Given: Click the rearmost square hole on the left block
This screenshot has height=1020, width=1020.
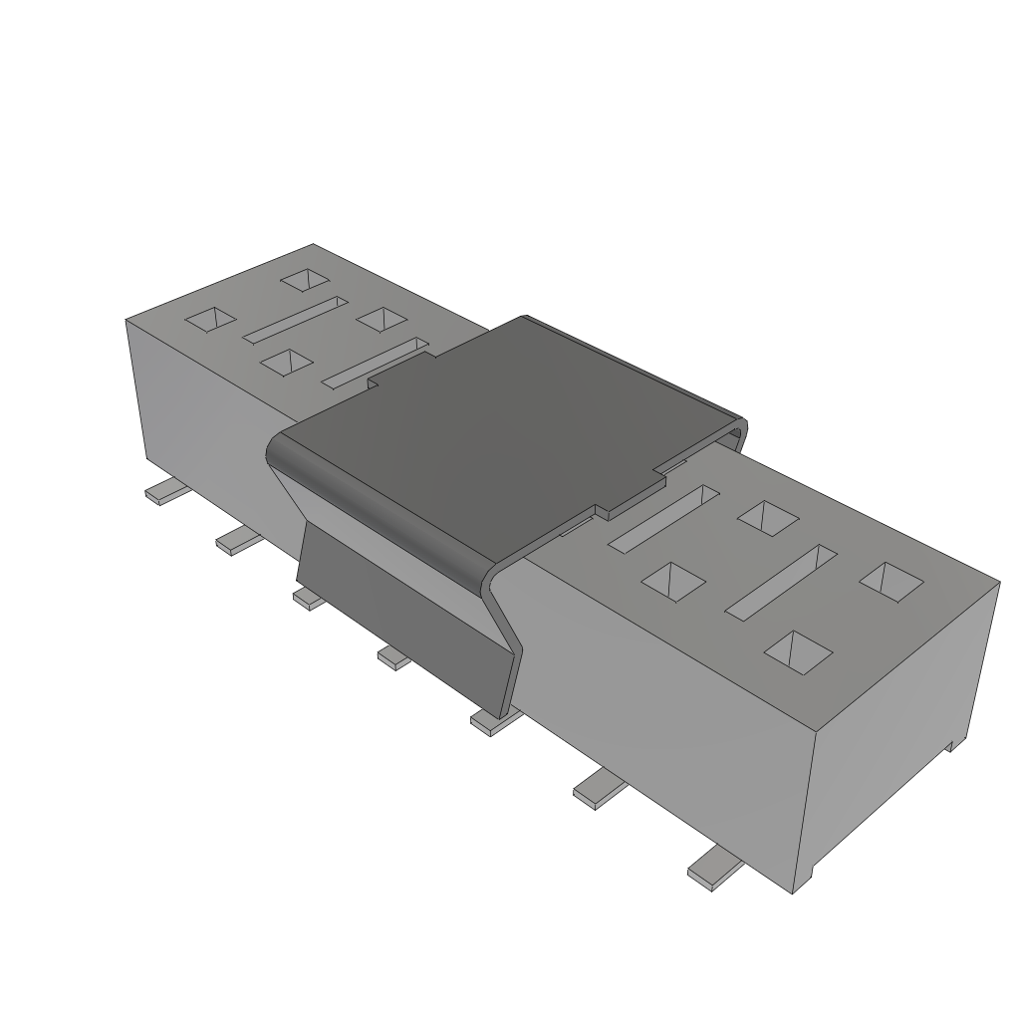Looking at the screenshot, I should click(x=304, y=280).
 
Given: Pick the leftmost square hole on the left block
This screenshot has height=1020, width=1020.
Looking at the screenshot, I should click(x=211, y=319).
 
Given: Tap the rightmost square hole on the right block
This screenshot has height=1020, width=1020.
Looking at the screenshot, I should click(x=891, y=582).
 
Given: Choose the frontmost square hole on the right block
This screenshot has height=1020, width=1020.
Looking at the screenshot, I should click(x=798, y=649).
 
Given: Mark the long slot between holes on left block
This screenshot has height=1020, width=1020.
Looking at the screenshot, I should click(x=295, y=319).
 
